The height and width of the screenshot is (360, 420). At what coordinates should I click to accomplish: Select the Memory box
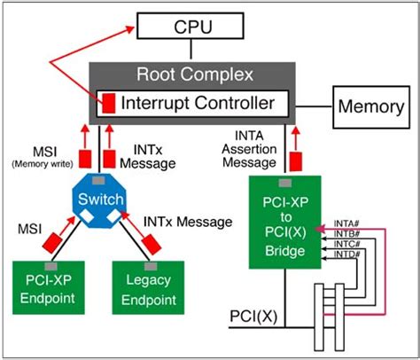(x=369, y=107)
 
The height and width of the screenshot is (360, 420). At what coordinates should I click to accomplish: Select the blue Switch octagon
(x=100, y=200)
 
